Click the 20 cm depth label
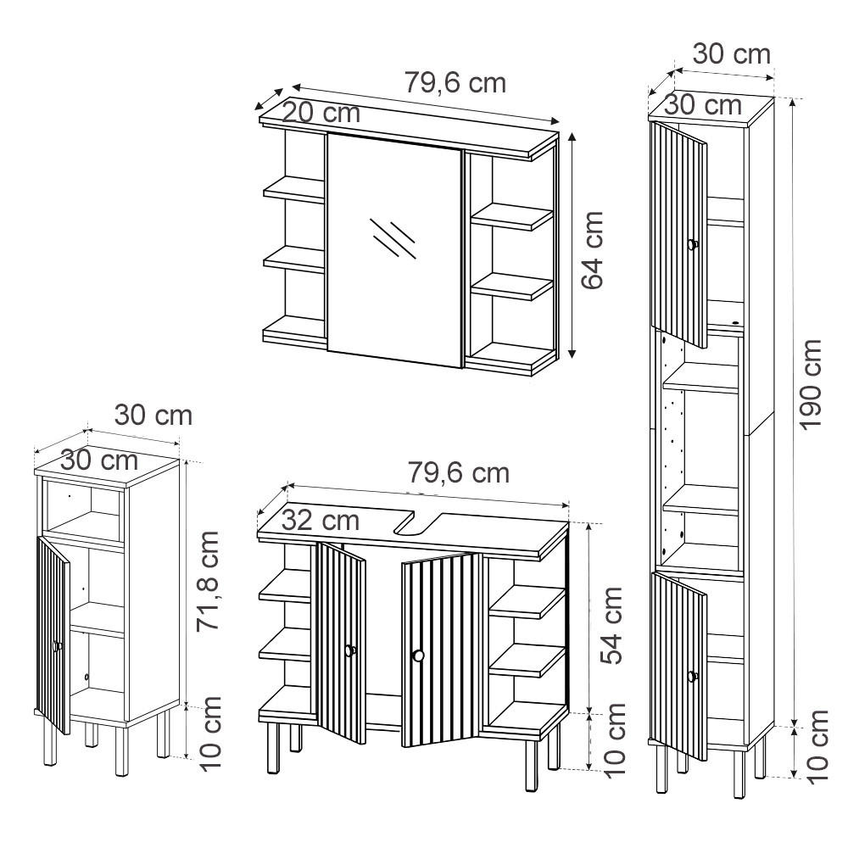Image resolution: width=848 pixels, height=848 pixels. point(321,113)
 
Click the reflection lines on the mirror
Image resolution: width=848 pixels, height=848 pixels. point(393,238)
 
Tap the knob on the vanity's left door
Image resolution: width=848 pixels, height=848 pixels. point(349,650)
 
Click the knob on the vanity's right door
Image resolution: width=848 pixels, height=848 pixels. point(416,655)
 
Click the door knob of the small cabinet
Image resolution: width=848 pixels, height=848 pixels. point(58,647)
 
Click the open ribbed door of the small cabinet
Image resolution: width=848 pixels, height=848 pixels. point(53,632)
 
